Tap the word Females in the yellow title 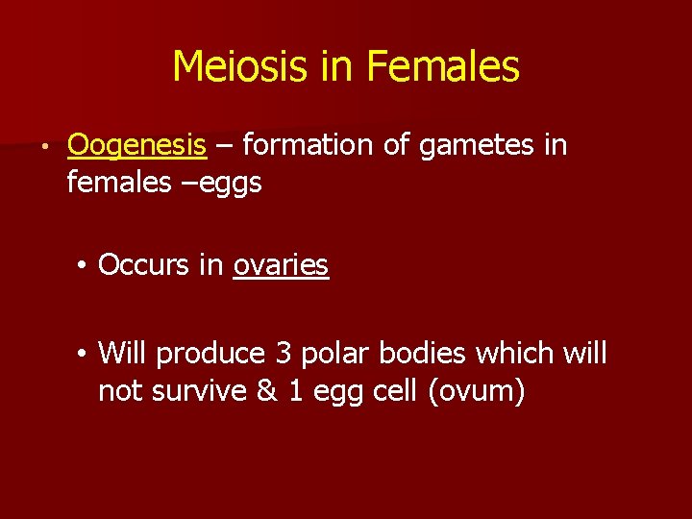tap(443, 67)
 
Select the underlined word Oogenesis tap(136, 146)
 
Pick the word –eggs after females tap(229, 183)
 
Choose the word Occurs tap(143, 265)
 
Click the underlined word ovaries tap(281, 265)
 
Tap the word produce tap(210, 355)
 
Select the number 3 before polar tap(284, 354)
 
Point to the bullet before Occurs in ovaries tap(85, 266)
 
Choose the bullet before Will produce tap(85, 355)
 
